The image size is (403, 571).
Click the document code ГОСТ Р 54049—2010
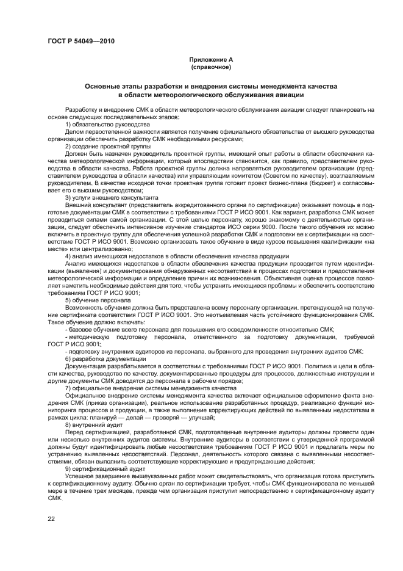click(x=80, y=41)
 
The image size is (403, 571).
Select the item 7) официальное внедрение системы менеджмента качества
click(x=150, y=388)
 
